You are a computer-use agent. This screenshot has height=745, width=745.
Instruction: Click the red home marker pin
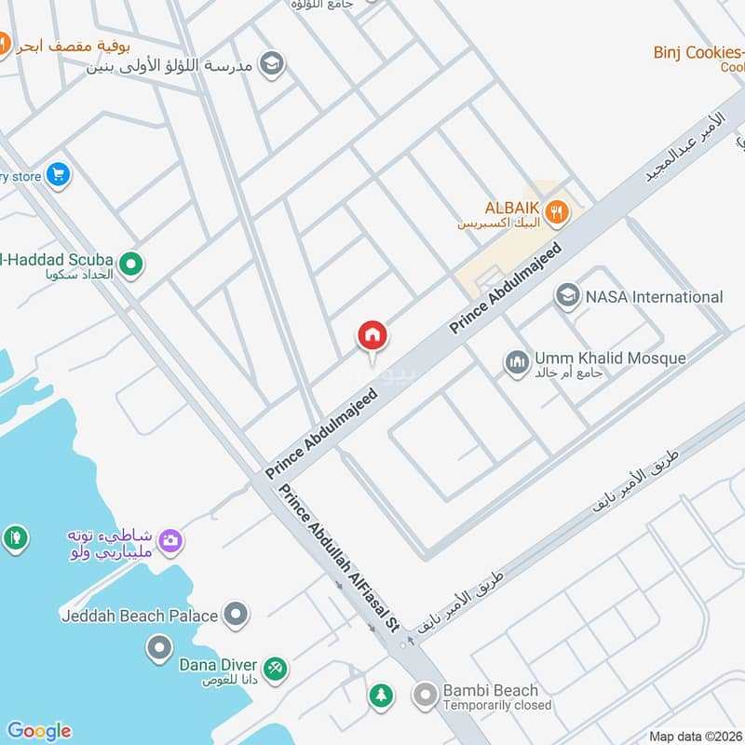372,335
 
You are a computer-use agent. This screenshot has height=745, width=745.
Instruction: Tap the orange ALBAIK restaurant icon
556,210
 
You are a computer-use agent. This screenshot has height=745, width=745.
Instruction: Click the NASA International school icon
566,297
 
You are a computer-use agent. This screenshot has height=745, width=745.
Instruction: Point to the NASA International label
654,297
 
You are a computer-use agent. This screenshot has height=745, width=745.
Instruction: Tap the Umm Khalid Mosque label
610,359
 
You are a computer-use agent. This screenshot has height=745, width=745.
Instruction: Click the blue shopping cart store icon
58,174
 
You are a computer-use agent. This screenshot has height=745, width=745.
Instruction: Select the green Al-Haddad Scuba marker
131,266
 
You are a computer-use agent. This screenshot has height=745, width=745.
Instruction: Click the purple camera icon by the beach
169,539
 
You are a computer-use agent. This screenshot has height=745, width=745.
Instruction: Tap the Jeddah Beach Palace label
140,616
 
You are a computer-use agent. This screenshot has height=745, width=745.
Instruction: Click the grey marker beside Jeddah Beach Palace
237,615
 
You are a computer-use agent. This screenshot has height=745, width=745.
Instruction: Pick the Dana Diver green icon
274,668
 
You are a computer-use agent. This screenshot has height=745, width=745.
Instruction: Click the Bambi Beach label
491,690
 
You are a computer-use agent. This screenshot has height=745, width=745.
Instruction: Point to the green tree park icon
380,695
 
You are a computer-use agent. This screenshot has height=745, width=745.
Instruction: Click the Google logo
38,731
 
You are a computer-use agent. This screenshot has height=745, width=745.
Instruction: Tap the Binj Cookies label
698,52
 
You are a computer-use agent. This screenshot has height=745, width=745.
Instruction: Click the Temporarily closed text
496,705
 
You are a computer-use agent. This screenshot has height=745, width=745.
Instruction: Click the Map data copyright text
695,737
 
